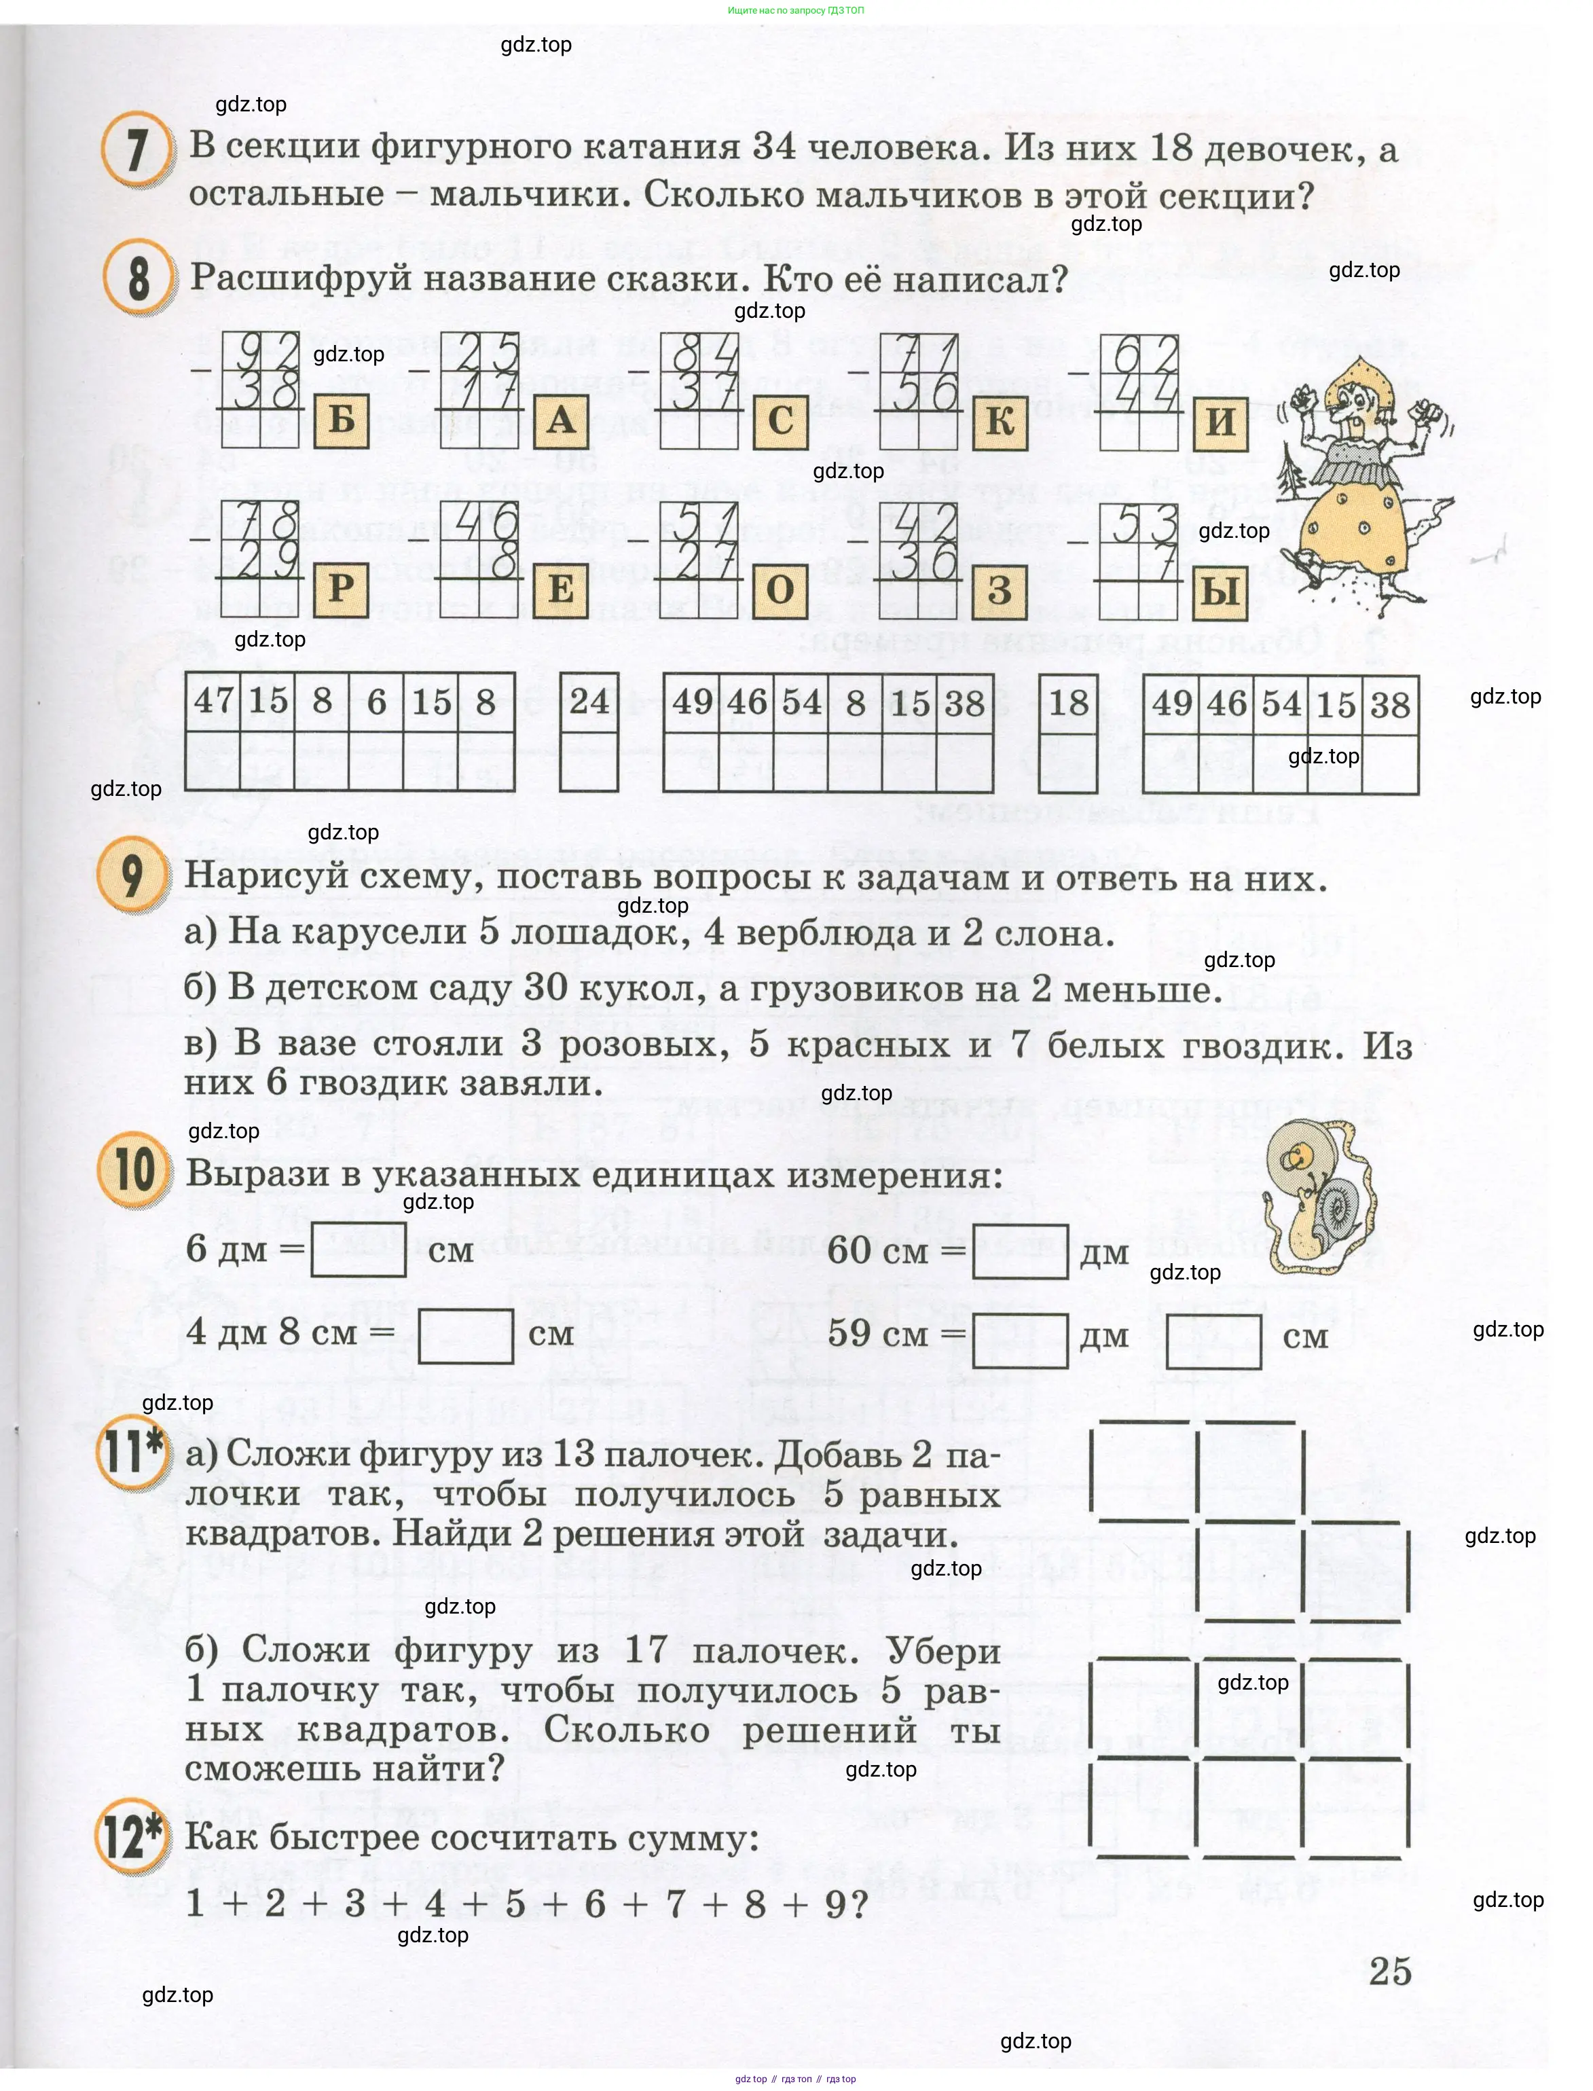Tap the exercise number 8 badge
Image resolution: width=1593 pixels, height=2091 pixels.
pyautogui.click(x=139, y=278)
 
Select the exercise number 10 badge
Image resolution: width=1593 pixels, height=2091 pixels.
pyautogui.click(x=134, y=1169)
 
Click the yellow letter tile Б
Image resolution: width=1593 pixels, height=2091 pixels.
pyautogui.click(x=340, y=419)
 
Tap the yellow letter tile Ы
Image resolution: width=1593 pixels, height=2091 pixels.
pyautogui.click(x=1220, y=591)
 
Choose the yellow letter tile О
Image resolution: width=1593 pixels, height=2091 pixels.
pyautogui.click(x=780, y=590)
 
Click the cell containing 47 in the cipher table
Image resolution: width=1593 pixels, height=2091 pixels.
pyautogui.click(x=213, y=701)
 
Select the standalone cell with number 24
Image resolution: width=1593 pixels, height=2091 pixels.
pyautogui.click(x=589, y=702)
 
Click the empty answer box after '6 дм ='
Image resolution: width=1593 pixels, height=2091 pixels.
pyautogui.click(x=359, y=1249)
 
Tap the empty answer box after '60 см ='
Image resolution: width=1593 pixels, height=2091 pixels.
pyautogui.click(x=1021, y=1251)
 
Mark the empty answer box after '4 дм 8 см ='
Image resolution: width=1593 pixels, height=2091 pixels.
pyautogui.click(x=466, y=1335)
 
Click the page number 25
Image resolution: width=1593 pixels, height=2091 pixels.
pyautogui.click(x=1390, y=1971)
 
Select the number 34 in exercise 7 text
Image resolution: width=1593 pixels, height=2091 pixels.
pyautogui.click(x=775, y=146)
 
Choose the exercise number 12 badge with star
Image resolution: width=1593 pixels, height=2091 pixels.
pyautogui.click(x=132, y=1837)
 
